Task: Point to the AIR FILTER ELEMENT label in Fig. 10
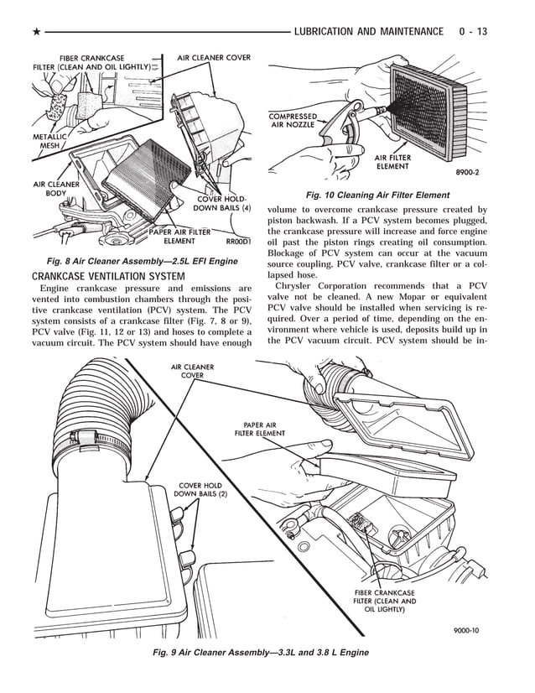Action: [x=392, y=162]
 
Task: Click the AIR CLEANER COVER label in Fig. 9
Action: [x=193, y=371]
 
